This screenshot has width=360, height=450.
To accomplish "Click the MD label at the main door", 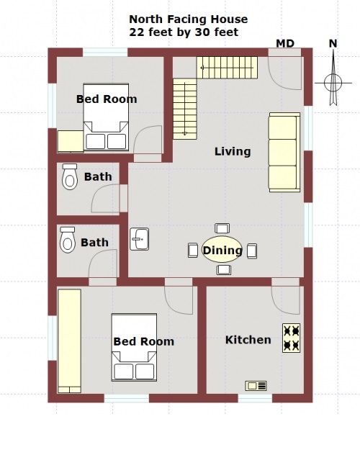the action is tap(285, 44).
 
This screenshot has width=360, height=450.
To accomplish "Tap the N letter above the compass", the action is tap(333, 44).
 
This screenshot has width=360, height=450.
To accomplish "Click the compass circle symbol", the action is tap(333, 83).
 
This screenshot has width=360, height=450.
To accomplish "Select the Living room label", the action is tap(233, 151).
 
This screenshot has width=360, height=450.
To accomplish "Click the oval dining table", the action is tap(222, 249).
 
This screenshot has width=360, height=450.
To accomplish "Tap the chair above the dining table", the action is tap(222, 228).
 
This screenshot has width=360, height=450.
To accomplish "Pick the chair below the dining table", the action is tap(224, 270).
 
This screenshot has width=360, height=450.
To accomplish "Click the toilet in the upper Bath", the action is tap(70, 176).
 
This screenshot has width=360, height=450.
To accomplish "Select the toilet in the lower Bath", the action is tap(68, 240).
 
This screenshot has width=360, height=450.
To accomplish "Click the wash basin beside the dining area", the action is tap(139, 239).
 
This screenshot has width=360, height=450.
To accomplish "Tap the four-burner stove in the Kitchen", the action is tap(292, 338).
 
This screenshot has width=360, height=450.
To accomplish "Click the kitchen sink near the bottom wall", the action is tap(256, 386).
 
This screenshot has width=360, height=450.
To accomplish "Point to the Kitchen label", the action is tap(248, 340).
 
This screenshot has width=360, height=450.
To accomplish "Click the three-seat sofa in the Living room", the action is tap(284, 153).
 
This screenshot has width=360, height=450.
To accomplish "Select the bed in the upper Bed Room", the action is tap(106, 117).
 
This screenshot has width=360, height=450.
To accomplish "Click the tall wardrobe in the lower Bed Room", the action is tap(69, 341).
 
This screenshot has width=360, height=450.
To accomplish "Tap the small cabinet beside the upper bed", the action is tap(71, 142).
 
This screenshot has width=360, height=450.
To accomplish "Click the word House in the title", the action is tap(229, 19).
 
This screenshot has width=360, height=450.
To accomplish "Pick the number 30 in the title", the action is tap(202, 32).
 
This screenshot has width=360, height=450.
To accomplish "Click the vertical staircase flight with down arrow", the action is tap(185, 109).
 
